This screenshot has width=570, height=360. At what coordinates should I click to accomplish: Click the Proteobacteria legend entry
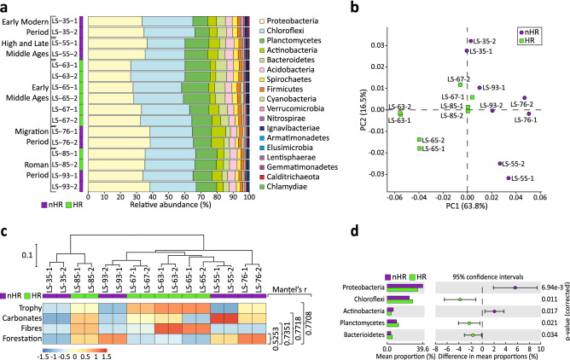(x=291, y=18)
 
